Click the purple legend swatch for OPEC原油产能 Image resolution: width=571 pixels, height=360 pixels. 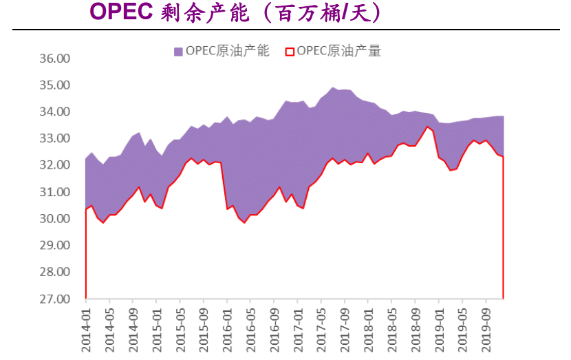178,51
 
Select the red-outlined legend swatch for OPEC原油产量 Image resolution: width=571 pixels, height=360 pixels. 290,51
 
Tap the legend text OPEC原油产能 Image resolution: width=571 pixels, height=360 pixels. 227,50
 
